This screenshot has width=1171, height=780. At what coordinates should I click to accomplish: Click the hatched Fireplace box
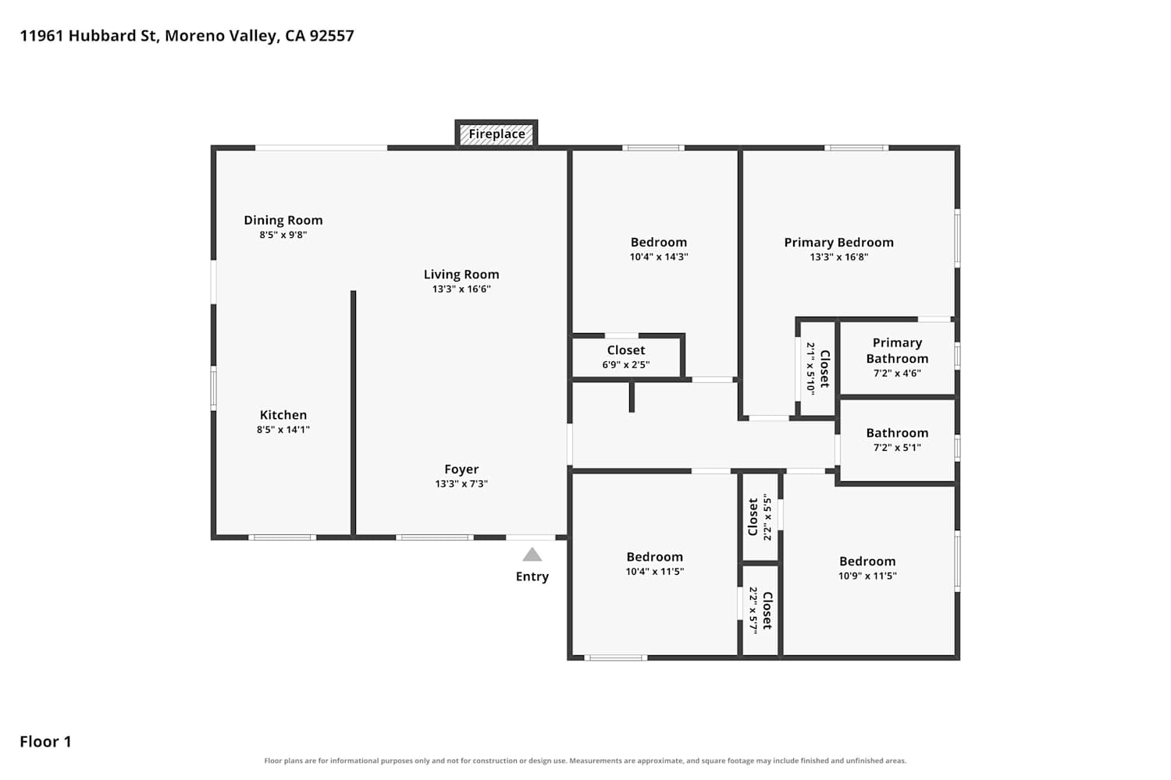(x=496, y=134)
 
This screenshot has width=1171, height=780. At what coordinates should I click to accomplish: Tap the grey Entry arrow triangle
(x=532, y=555)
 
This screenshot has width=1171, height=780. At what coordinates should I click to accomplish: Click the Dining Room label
(x=283, y=221)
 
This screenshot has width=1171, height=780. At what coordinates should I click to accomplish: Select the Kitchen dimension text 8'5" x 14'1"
(x=283, y=430)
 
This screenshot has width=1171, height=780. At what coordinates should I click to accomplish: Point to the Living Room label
(x=461, y=275)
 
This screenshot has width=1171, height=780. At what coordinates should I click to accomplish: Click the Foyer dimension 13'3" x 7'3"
(x=461, y=484)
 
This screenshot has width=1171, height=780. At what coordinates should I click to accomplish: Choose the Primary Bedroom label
(x=838, y=243)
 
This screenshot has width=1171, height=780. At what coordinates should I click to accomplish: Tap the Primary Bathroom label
(x=897, y=350)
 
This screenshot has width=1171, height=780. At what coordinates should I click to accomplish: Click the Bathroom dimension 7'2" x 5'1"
(x=897, y=447)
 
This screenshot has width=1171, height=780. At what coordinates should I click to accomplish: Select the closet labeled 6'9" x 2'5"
(x=626, y=356)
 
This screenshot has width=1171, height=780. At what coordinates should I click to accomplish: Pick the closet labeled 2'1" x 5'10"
(x=818, y=368)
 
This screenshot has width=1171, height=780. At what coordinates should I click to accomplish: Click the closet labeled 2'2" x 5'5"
(x=760, y=517)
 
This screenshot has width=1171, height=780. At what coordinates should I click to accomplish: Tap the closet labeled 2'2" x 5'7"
(x=760, y=610)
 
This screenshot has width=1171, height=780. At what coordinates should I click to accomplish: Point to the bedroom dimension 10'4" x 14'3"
(x=659, y=257)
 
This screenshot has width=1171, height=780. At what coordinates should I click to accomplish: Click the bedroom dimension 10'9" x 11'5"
(x=867, y=576)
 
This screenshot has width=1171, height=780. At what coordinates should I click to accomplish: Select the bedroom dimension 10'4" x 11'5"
(x=654, y=572)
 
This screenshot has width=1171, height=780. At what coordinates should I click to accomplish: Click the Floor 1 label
(x=45, y=742)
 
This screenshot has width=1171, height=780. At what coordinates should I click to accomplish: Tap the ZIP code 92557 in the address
(x=332, y=36)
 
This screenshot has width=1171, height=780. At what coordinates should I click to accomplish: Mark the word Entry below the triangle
(x=532, y=576)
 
